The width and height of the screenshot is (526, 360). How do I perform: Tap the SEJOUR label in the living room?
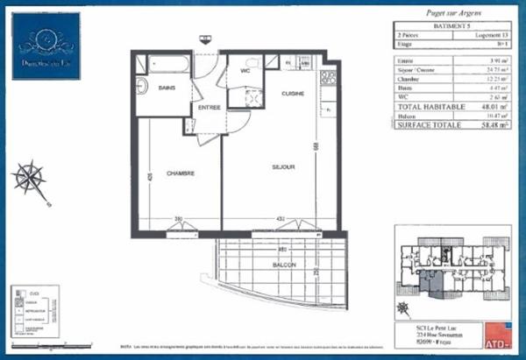[281, 166]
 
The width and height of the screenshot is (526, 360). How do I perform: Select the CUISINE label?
[293, 93]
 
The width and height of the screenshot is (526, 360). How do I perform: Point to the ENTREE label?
[209, 108]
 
